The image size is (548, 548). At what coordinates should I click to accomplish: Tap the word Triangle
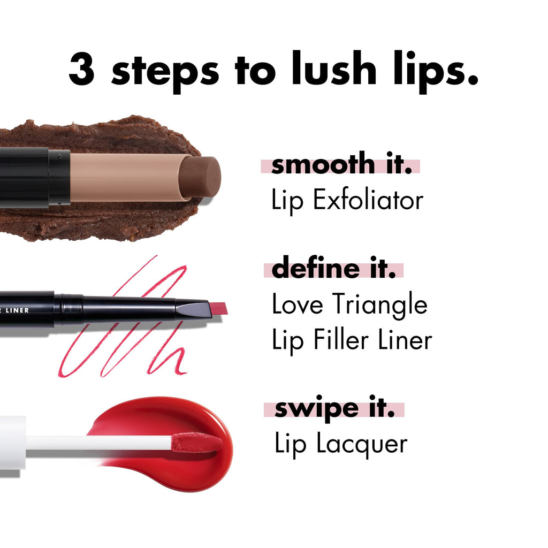click(379, 306)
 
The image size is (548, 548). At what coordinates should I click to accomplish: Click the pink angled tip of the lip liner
click(218, 308)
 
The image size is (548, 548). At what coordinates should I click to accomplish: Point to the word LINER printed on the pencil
click(19, 310)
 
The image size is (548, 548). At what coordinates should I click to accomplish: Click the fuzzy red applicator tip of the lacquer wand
click(196, 443)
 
